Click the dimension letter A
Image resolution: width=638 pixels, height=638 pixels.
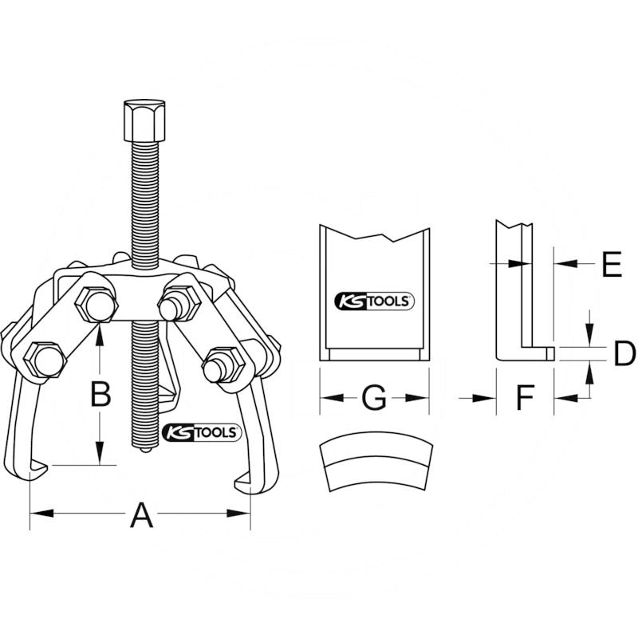[x=142, y=514]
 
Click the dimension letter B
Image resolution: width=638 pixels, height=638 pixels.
[x=100, y=393]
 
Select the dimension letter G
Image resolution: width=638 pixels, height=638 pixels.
[x=374, y=397]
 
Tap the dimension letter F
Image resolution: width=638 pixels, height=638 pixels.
[x=525, y=397]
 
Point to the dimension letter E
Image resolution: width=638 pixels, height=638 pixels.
[x=612, y=264]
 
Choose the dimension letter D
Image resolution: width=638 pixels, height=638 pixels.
[x=624, y=353]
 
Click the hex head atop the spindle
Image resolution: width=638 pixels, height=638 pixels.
[x=145, y=120]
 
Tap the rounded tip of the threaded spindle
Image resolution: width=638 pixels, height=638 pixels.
[x=145, y=449]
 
